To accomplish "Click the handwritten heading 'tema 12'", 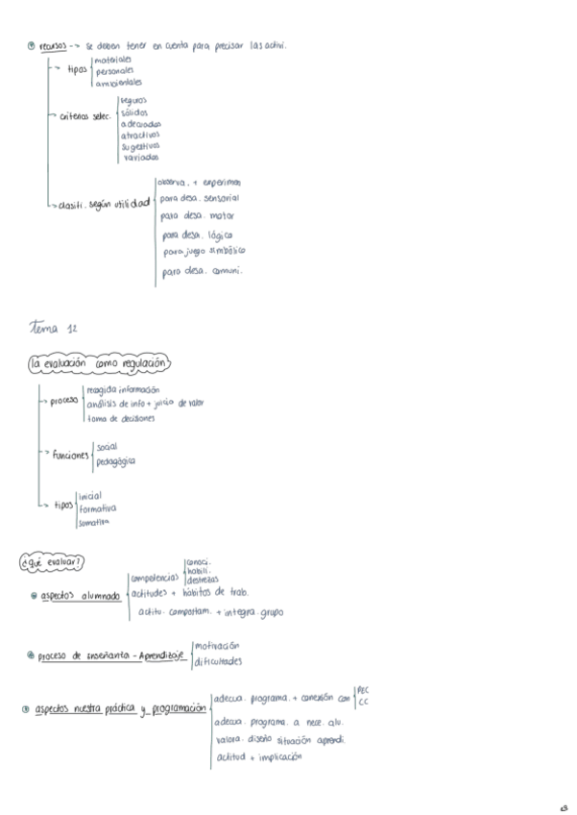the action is point(55,329).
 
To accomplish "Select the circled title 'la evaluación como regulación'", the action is point(99,364).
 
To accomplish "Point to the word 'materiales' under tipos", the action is point(113,59).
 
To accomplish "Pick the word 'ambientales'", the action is point(118,82).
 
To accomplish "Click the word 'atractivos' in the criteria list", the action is point(140,135).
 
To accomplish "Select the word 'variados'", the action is point(140,157).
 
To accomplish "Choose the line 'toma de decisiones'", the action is point(121,418).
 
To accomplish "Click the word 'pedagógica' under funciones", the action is point(115,461).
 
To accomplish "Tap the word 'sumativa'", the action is point(94,522).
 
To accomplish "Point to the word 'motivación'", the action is point(216,645).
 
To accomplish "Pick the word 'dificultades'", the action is point(217,661).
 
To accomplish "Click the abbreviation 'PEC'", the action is point(363,689).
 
